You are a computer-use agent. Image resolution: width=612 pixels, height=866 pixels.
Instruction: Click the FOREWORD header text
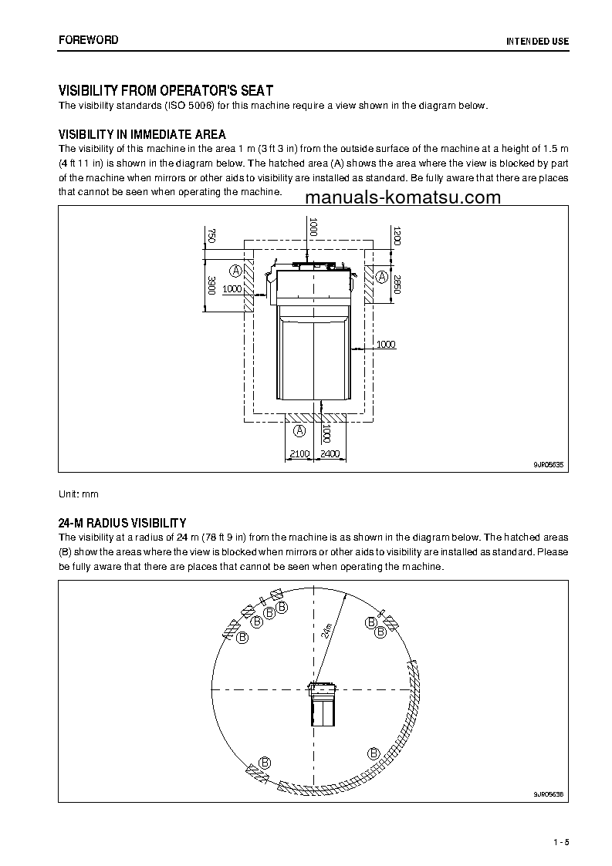tap(88, 39)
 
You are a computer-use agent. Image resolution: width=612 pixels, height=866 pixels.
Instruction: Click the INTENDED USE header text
tap(537, 40)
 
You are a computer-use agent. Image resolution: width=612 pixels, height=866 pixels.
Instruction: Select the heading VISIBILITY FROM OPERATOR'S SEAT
tap(166, 90)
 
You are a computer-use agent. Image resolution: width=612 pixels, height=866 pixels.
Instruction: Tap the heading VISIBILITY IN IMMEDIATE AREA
tap(143, 135)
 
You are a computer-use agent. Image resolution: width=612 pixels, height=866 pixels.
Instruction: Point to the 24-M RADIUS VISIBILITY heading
tap(123, 523)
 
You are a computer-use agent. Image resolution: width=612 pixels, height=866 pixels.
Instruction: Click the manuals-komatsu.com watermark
tap(403, 197)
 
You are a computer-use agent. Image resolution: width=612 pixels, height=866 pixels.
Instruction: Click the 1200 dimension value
tap(397, 236)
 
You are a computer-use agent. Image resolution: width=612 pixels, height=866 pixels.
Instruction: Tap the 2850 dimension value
tap(397, 285)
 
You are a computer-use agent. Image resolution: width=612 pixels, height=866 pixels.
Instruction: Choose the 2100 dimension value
tap(299, 454)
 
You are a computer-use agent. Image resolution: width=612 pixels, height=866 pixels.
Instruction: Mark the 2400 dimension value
tap(330, 454)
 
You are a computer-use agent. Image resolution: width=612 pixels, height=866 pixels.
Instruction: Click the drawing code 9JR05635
tap(549, 464)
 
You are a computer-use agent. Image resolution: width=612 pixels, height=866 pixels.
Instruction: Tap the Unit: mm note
tap(79, 494)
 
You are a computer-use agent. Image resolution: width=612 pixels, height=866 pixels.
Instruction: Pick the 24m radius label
tap(328, 631)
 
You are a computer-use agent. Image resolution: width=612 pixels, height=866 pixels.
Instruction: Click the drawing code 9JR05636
tap(549, 794)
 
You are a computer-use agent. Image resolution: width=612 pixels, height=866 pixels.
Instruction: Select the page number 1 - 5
tap(560, 841)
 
